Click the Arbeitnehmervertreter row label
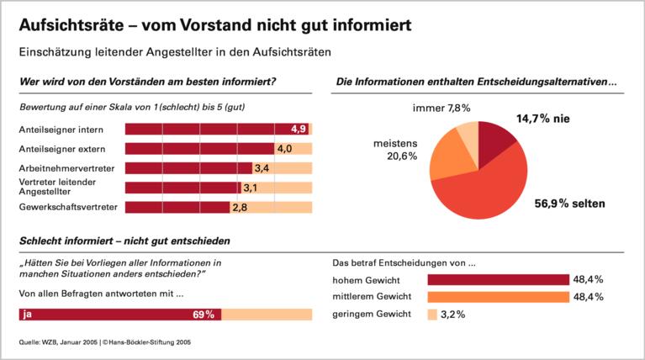66,168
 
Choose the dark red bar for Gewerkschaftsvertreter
177,207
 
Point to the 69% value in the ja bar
204,315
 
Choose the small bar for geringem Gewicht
432,315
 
